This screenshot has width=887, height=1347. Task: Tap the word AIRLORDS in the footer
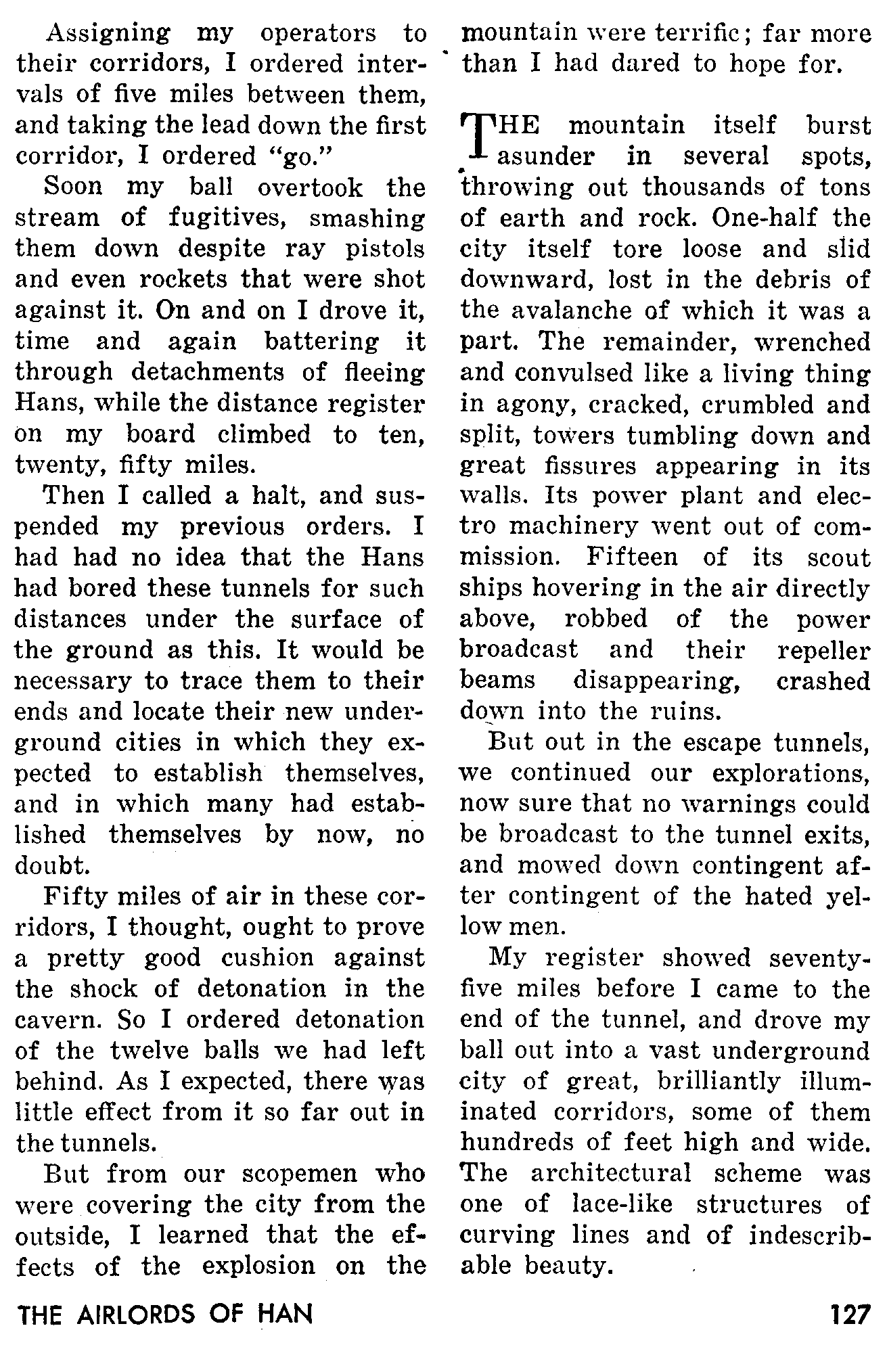(132, 1315)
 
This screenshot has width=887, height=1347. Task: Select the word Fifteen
(632, 557)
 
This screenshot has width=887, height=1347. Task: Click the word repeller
(823, 650)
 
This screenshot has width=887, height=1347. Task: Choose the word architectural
(611, 1173)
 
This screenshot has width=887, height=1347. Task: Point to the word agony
(535, 405)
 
